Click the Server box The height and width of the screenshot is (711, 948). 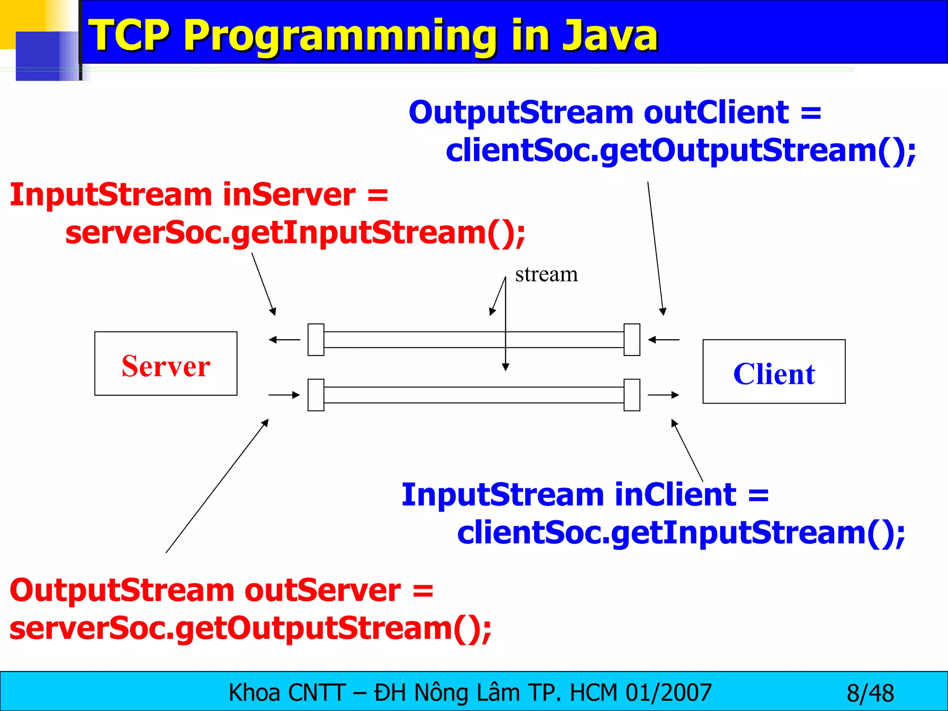[x=166, y=364]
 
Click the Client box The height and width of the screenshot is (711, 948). [x=774, y=372]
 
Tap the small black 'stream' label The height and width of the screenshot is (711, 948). [x=546, y=274]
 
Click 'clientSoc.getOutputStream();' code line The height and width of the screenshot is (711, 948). [x=680, y=151]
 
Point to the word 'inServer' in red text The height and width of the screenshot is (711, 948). [x=289, y=194]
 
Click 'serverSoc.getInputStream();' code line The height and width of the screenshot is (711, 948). [x=295, y=233]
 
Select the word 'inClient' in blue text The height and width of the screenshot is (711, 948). [x=675, y=494]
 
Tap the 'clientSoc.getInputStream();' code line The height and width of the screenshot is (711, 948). [x=681, y=533]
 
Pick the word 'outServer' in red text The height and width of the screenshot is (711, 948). [x=323, y=591]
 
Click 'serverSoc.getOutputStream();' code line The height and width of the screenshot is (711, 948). [x=250, y=629]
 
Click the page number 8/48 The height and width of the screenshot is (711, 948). [x=870, y=693]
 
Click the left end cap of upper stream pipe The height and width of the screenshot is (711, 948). [x=316, y=340]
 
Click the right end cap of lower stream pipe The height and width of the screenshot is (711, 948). [x=632, y=395]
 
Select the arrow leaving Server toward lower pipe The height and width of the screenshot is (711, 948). [x=284, y=395]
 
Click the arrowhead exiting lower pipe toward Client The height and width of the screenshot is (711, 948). [x=675, y=395]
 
